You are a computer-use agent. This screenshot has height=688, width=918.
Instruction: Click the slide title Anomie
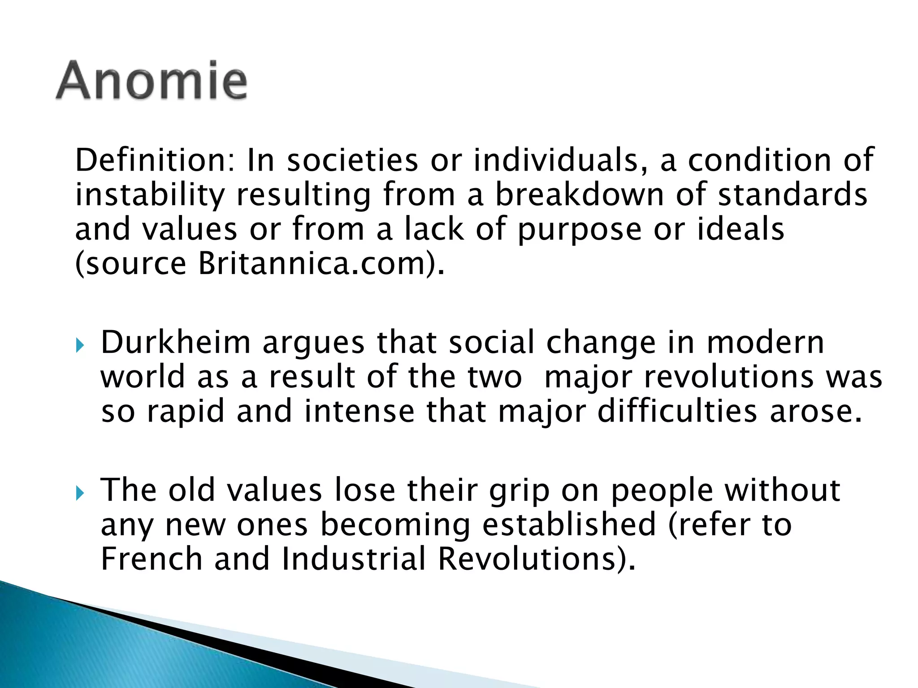point(152,81)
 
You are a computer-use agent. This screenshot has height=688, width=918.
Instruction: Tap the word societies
point(352,160)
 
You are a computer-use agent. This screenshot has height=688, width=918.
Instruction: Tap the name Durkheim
point(175,343)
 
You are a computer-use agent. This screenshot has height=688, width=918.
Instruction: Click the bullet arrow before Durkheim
point(80,345)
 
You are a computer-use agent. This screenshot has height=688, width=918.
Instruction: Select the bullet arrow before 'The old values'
point(80,493)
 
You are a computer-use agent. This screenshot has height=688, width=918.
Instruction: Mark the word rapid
point(186,412)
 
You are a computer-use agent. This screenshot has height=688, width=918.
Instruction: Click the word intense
point(359,412)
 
